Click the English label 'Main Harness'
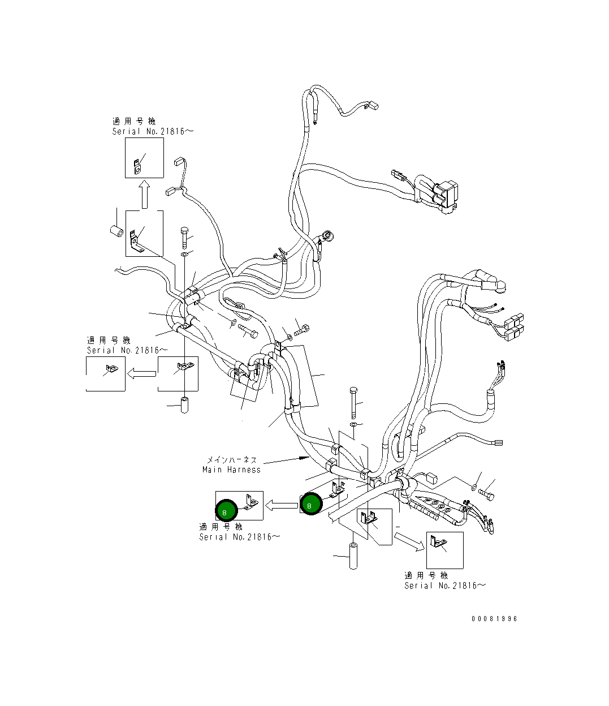coord(231,470)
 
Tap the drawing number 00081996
coord(494,619)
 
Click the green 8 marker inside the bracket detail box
coord(226,511)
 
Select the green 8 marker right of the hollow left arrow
coord(310,504)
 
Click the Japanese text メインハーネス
coord(231,460)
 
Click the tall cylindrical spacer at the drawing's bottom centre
coord(354,557)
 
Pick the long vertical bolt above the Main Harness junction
coord(353,401)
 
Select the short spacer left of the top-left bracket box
coord(117,232)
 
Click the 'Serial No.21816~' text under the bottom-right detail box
coord(444,586)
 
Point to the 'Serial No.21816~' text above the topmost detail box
coord(153,131)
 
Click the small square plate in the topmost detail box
coord(137,165)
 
